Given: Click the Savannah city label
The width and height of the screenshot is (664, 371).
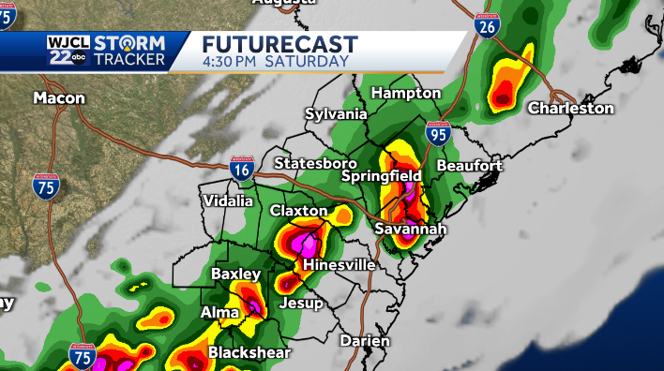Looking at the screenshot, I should [410, 229].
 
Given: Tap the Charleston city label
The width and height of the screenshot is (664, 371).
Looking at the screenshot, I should [570, 109].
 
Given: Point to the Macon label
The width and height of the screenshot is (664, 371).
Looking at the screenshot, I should [59, 97].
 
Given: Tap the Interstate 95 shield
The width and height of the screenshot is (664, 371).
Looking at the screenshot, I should [436, 133].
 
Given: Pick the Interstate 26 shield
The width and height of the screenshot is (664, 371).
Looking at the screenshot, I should [485, 26].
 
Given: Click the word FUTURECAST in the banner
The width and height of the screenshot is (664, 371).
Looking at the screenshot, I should [280, 44].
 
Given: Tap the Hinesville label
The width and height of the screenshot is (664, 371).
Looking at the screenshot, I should [340, 265].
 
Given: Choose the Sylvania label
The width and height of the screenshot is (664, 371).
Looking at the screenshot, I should [336, 114].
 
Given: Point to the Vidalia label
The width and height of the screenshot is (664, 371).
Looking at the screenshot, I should [228, 200].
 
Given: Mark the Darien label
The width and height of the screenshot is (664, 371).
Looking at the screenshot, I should [365, 341].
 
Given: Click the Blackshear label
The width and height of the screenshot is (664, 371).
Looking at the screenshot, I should [249, 353].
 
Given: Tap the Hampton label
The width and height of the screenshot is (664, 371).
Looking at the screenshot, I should [405, 94].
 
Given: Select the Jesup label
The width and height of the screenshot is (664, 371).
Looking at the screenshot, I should [301, 304].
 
